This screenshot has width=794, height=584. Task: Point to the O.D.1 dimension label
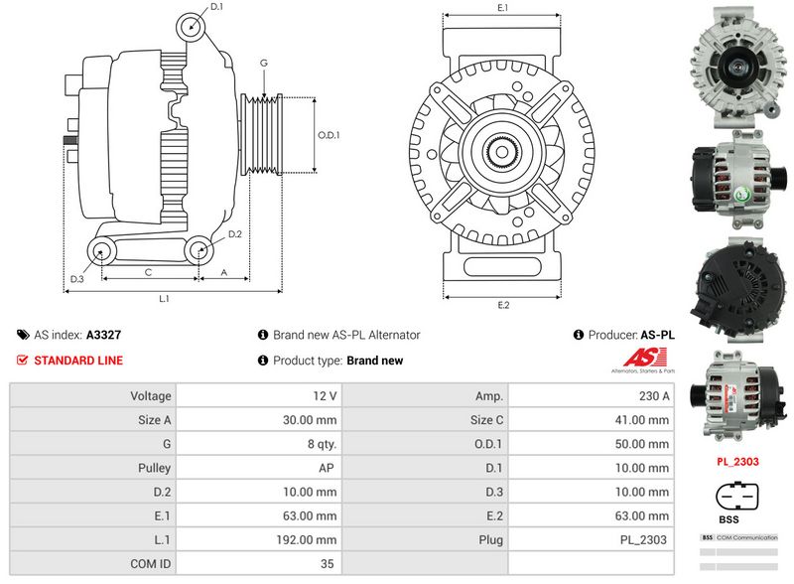point(329,135)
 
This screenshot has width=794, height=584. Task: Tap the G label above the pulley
point(264,63)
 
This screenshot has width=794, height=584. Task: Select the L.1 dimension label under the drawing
point(165,298)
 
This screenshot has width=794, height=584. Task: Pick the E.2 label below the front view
point(503,304)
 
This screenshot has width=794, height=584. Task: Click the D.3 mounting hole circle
point(102,251)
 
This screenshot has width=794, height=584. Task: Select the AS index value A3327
point(104,336)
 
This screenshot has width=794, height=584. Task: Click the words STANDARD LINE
point(78,361)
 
